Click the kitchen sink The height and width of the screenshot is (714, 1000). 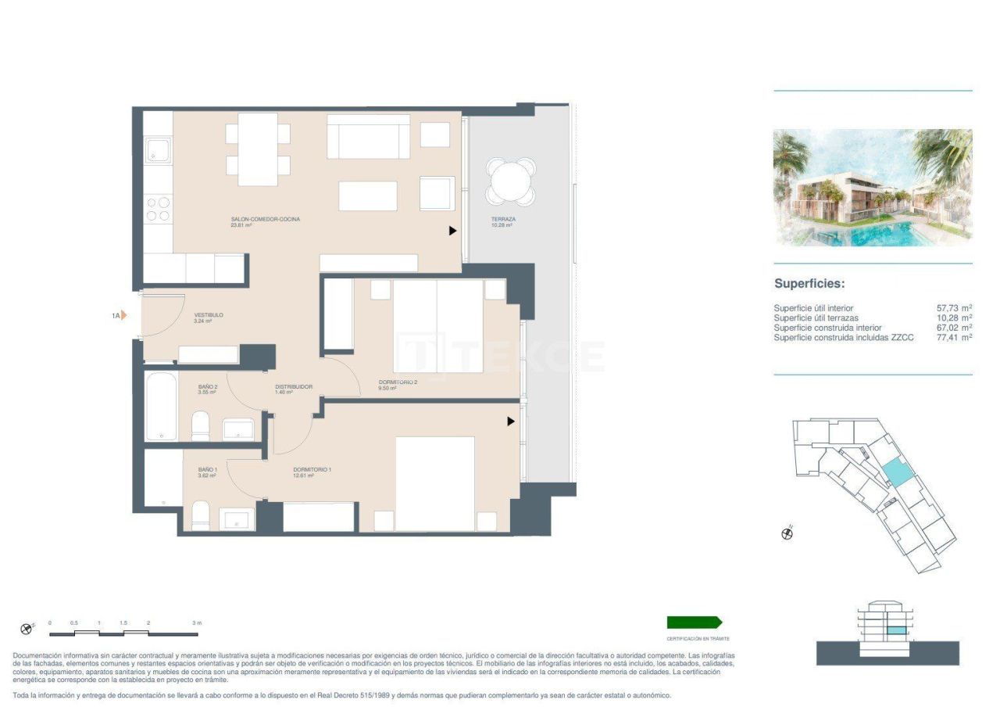[158, 151]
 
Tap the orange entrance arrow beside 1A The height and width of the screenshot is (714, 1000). [123, 316]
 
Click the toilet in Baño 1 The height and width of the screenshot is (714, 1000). [201, 515]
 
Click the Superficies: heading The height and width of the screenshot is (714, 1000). [809, 284]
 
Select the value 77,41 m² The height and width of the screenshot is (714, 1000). [954, 337]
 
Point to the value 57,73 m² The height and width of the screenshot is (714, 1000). [954, 308]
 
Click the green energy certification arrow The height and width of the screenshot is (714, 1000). [694, 623]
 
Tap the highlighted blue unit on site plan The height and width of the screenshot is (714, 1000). [896, 472]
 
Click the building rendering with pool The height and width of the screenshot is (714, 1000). [873, 188]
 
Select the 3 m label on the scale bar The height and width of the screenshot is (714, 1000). [197, 623]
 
